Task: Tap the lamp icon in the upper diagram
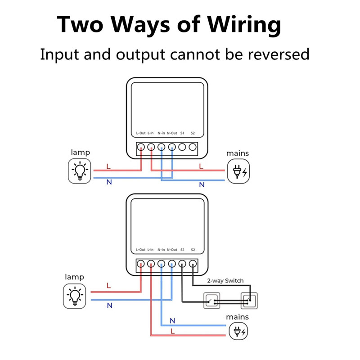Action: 80,171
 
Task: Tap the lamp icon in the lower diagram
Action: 75,296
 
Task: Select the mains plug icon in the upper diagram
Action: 238,171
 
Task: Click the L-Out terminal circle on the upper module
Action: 140,147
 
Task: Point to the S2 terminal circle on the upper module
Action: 193,147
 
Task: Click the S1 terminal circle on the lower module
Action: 182,264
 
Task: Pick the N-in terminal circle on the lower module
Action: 161,264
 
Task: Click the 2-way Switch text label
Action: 225,281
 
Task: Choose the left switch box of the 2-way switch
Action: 211,300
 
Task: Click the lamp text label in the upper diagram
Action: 80,153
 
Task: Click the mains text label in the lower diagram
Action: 237,317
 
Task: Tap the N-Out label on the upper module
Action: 171,133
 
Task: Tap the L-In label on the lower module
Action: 151,250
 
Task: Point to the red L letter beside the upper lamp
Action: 108,166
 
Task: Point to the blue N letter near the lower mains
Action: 172,321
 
